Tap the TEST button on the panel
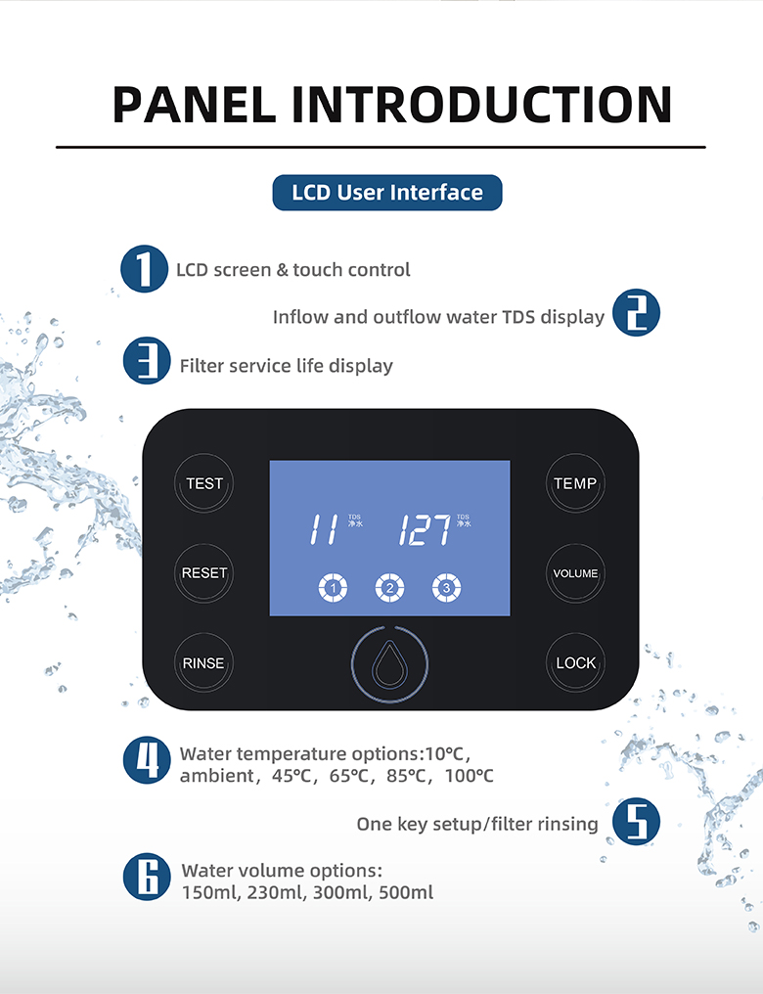[x=204, y=483]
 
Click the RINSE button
[x=203, y=663]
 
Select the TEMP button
[x=575, y=483]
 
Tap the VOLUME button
[x=575, y=573]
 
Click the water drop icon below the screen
[x=389, y=664]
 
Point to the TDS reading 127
[x=425, y=529]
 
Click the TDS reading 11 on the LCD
[x=324, y=529]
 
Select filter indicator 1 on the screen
[x=333, y=588]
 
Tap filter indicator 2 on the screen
[x=389, y=588]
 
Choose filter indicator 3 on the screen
[x=447, y=588]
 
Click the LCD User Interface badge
[x=387, y=193]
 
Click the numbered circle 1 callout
[x=145, y=268]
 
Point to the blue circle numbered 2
[x=636, y=315]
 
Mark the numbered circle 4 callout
[x=147, y=761]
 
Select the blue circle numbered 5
[x=636, y=823]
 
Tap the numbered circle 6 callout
[x=147, y=877]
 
